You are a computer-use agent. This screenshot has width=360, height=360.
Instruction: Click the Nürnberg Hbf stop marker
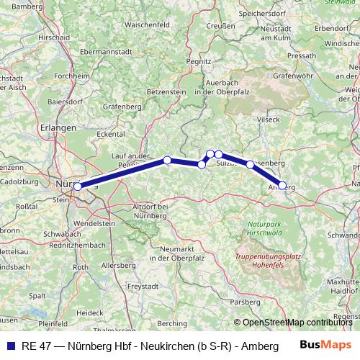[77, 186]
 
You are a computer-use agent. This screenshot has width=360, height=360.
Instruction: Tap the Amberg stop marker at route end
[282, 185]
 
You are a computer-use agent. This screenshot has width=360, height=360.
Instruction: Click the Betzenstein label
[166, 92]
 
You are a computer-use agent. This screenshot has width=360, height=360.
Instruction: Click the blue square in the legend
[10, 345]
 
